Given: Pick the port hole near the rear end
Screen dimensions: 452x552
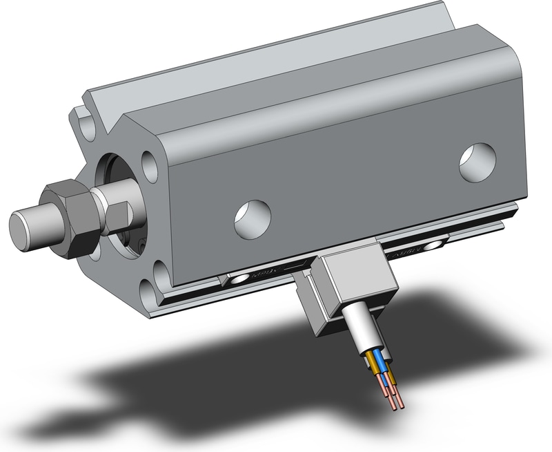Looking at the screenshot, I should pos(477,162).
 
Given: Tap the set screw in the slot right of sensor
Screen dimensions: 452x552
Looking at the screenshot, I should pos(435,245).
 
